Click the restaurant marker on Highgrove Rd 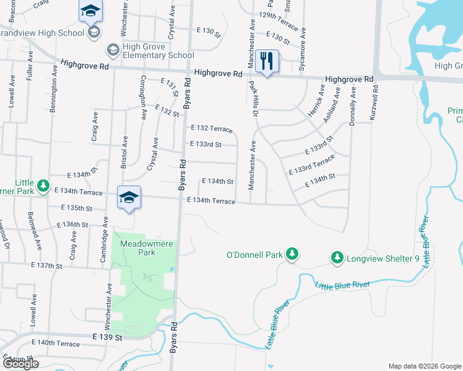pyautogui.click(x=267, y=61)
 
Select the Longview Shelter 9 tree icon pyautogui.click(x=337, y=256)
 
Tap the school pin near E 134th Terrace pyautogui.click(x=129, y=197)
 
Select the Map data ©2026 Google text pyautogui.click(x=425, y=365)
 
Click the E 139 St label pyautogui.click(x=108, y=338)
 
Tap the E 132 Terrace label pyautogui.click(x=212, y=129)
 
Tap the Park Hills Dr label pyautogui.click(x=253, y=98)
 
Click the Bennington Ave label pyautogui.click(x=55, y=88)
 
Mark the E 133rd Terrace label pyautogui.click(x=311, y=165)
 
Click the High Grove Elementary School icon pyautogui.click(x=113, y=49)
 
